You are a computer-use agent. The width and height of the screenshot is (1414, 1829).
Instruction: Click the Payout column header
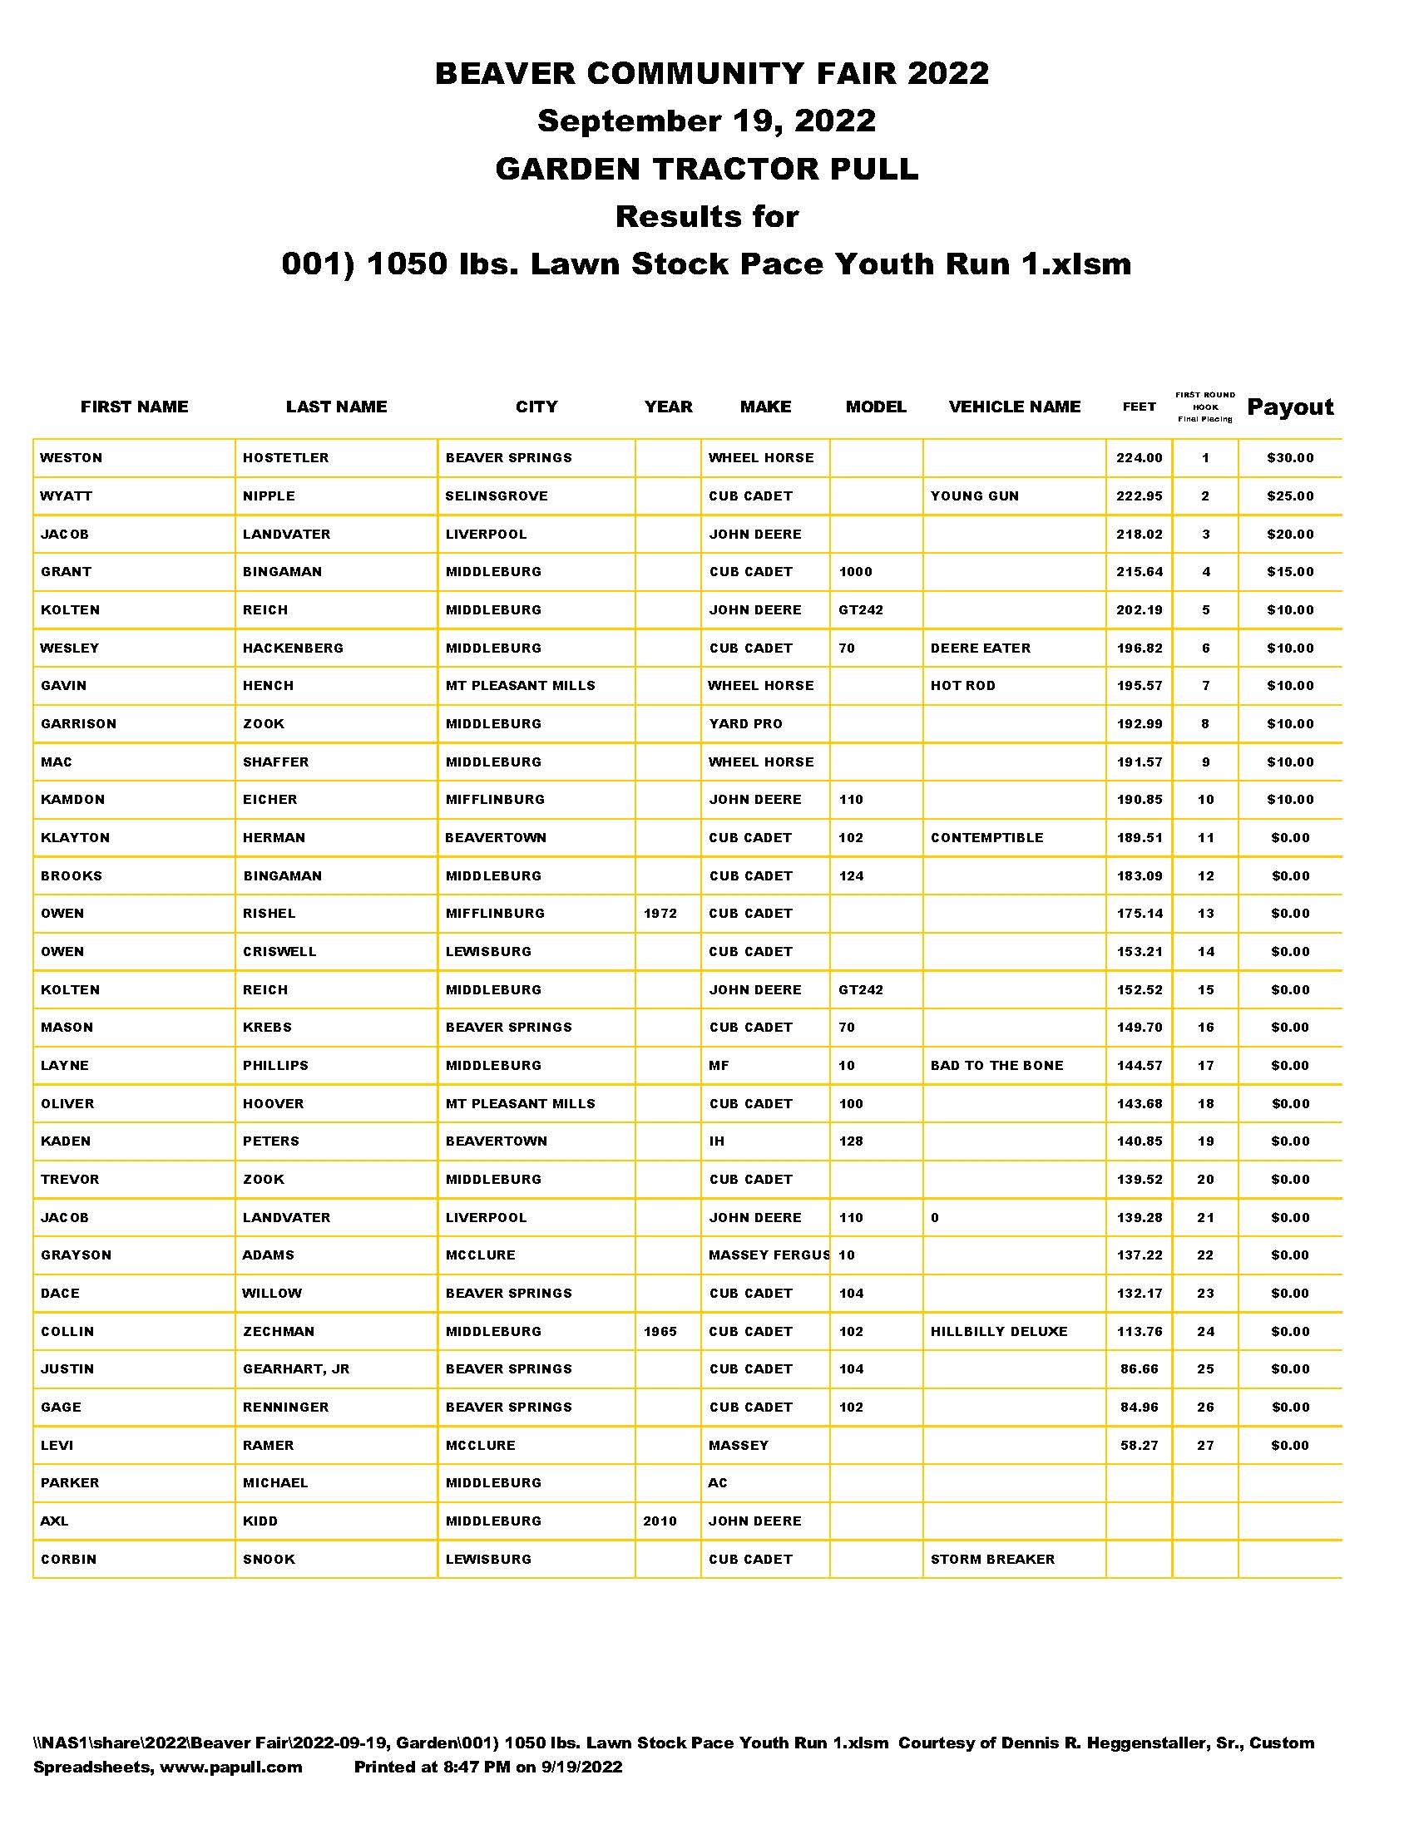click(x=1290, y=407)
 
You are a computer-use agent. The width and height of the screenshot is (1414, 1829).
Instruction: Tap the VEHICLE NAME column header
click(x=1015, y=407)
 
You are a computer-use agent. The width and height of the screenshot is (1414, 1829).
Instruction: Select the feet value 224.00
click(x=1140, y=458)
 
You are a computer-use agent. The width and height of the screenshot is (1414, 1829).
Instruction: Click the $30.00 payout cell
click(x=1290, y=458)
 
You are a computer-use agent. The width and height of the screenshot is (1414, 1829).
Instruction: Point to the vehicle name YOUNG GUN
click(x=974, y=495)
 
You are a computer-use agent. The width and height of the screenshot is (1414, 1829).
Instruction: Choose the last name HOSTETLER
click(x=285, y=458)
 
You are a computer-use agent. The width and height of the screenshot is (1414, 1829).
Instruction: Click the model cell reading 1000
click(x=855, y=572)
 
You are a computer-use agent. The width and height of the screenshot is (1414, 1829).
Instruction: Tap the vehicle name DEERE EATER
click(x=980, y=648)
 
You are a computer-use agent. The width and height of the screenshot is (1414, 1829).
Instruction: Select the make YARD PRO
click(x=745, y=723)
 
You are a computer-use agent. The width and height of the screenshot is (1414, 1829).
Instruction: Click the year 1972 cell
click(x=660, y=914)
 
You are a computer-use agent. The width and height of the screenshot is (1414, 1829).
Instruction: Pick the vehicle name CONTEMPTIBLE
click(x=986, y=837)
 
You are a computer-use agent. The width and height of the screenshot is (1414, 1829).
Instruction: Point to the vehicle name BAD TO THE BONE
click(x=996, y=1065)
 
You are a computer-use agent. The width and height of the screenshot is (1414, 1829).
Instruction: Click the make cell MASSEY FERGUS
click(x=769, y=1255)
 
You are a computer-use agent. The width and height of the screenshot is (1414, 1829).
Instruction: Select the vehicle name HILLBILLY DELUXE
click(x=998, y=1332)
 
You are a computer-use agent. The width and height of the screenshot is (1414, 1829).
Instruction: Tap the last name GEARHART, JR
click(x=296, y=1369)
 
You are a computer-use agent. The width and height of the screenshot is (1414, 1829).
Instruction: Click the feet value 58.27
click(x=1140, y=1446)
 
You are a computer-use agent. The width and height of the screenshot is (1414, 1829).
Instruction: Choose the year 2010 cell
click(x=660, y=1521)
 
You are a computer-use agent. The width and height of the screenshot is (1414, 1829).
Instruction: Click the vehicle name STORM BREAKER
click(x=992, y=1560)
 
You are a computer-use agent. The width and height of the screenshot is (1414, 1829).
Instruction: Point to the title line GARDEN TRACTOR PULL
click(x=707, y=169)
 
